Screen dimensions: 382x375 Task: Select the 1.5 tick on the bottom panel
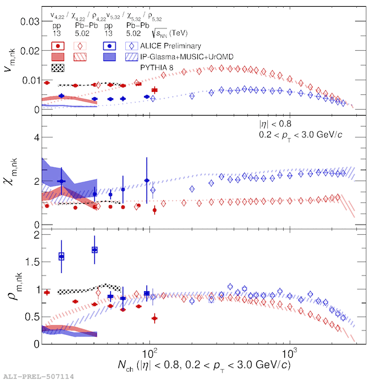click(32, 262)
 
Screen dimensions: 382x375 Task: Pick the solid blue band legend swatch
click(109, 56)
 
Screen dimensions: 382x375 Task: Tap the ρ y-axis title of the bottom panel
click(11, 285)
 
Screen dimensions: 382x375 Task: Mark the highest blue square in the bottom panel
click(94, 250)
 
